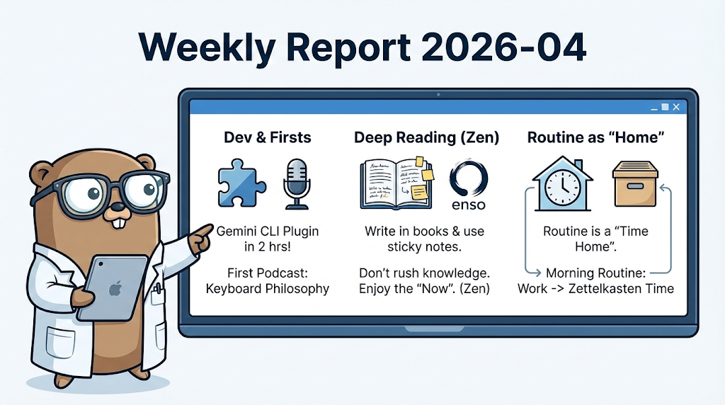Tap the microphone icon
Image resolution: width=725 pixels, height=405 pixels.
[296, 183]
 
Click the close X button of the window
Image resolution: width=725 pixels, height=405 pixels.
[676, 107]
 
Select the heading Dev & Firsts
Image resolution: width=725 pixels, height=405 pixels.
[268, 137]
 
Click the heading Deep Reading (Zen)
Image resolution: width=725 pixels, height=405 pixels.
[426, 137]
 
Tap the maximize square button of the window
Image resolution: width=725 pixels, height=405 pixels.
[664, 107]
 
